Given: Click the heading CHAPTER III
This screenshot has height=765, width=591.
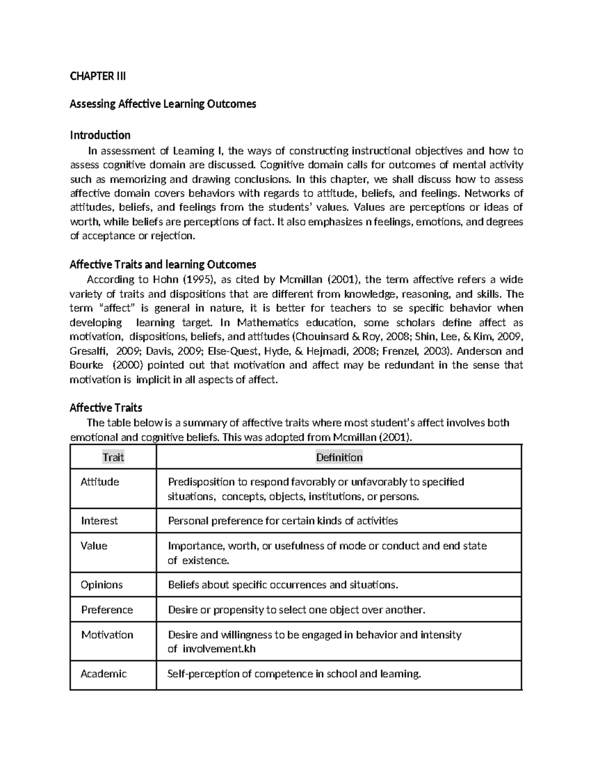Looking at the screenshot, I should point(98,76).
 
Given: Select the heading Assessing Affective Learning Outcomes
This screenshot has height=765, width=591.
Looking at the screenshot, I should point(163,104).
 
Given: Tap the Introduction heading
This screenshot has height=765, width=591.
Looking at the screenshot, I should point(100,135).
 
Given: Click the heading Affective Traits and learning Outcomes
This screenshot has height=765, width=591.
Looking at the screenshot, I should point(163,265).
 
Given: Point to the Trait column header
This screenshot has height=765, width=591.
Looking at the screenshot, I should point(113,457).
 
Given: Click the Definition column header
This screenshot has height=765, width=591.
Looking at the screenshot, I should point(339,457).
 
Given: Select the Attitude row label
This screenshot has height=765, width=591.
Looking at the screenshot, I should point(99,482).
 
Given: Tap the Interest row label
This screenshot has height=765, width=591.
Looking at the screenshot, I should point(99,521).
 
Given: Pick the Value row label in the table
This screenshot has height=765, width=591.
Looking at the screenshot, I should point(94,546).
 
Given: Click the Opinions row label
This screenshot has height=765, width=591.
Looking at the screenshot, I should point(101,585).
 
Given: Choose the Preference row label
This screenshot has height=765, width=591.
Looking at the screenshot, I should point(107,609).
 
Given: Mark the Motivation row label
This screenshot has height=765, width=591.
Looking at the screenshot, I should point(107,634).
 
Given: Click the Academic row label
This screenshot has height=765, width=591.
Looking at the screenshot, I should point(103,673).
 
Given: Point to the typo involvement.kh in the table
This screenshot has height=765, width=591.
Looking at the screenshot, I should point(219,649).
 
